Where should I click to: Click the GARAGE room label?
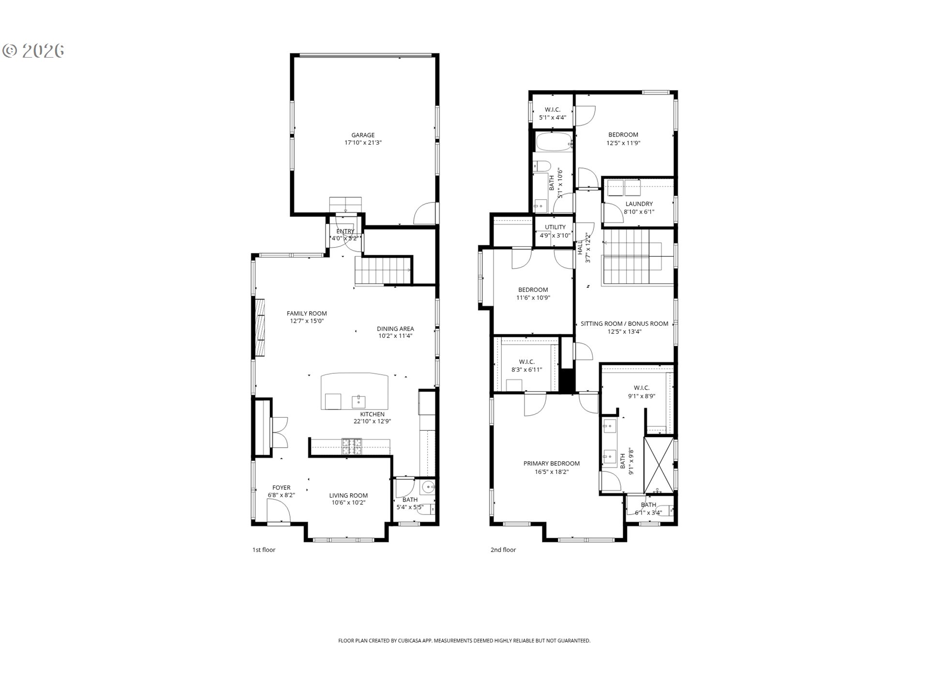tap(363, 135)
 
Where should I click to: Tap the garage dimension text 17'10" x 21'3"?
tap(363, 143)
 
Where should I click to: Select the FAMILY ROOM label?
tap(307, 313)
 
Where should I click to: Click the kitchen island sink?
tap(359, 401)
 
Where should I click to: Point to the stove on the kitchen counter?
tap(351, 446)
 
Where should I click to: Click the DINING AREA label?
tap(395, 329)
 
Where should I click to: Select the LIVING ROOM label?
tap(348, 495)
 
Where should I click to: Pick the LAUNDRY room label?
tap(639, 204)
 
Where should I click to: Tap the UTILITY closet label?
tap(555, 227)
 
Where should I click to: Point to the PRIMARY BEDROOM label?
tap(552, 463)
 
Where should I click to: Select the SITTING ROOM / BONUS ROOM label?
tap(624, 323)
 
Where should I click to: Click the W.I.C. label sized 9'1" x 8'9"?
tap(642, 388)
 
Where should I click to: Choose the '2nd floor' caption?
tap(503, 550)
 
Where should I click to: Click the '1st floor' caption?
tap(264, 550)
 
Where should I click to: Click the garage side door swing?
tap(425, 214)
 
